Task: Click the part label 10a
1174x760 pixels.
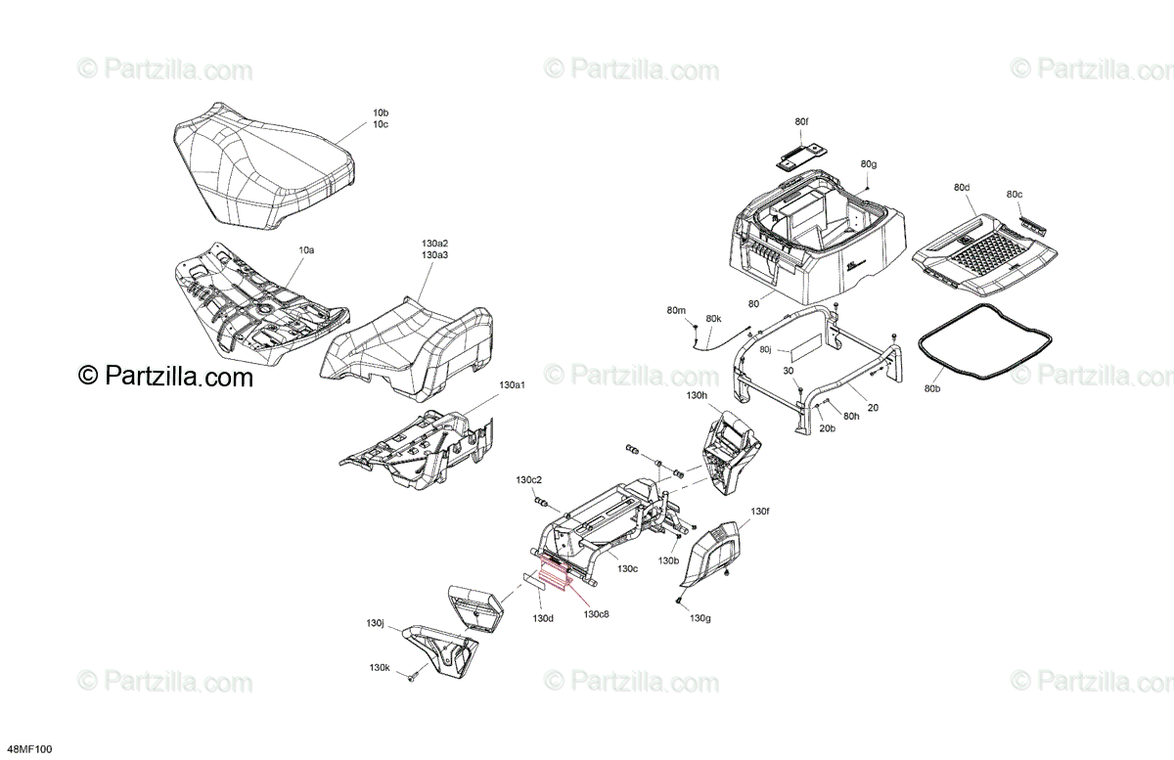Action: pos(306,250)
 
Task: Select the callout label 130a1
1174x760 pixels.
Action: pos(513,385)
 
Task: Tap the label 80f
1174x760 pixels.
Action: pos(801,121)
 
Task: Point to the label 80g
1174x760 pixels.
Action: pos(869,163)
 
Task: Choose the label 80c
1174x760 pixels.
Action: pos(1014,195)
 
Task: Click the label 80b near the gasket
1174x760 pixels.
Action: pos(931,389)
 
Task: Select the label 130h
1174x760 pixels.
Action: pos(697,395)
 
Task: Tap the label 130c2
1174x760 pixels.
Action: pos(529,480)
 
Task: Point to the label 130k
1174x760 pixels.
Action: pos(380,667)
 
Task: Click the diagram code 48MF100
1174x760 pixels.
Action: pos(26,749)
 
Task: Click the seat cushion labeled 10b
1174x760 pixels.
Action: pos(259,176)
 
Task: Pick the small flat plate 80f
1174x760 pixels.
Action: pos(801,154)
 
